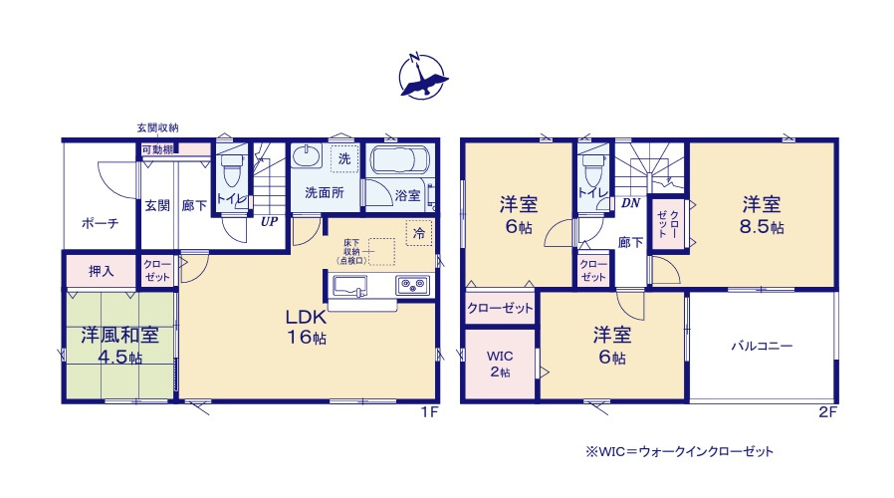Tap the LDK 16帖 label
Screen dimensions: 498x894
pyautogui.click(x=307, y=326)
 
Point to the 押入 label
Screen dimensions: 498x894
pyautogui.click(x=102, y=271)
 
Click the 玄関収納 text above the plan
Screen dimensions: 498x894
pyautogui.click(x=158, y=127)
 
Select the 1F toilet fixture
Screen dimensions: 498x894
pyautogui.click(x=232, y=171)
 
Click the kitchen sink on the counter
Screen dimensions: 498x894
pyautogui.click(x=350, y=287)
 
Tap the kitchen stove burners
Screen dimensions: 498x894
pyautogui.click(x=412, y=287)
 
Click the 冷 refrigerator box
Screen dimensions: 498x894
pyautogui.click(x=419, y=234)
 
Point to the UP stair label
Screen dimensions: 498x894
pyautogui.click(x=269, y=222)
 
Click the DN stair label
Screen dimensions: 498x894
pyautogui.click(x=630, y=203)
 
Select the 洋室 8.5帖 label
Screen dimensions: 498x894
pyautogui.click(x=763, y=215)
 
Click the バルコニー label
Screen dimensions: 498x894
pyautogui.click(x=762, y=347)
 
